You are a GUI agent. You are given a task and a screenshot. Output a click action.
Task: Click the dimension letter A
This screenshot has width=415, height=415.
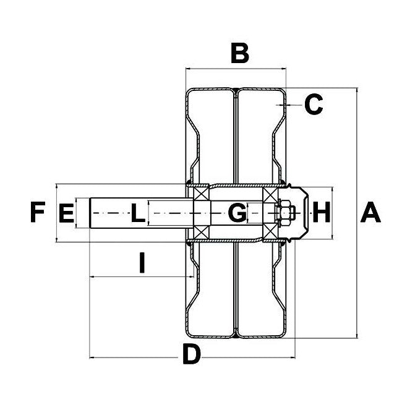click(x=370, y=213)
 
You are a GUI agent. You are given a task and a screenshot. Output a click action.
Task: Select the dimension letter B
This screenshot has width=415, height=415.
click(x=239, y=54)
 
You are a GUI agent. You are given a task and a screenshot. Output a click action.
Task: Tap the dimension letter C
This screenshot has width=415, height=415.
click(x=314, y=105)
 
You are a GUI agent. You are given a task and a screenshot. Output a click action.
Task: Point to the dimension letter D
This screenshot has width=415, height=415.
click(x=192, y=355)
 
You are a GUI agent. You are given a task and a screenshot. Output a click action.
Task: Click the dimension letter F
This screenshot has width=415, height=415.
click(x=38, y=213)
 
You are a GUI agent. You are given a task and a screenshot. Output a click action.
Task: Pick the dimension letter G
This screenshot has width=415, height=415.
click(x=237, y=214)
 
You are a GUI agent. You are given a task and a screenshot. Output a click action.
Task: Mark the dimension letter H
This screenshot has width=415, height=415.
click(x=321, y=214)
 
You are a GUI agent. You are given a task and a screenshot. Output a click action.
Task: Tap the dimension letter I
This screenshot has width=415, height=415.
click(x=142, y=264)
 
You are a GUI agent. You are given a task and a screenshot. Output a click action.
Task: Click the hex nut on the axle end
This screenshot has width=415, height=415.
click(x=286, y=213)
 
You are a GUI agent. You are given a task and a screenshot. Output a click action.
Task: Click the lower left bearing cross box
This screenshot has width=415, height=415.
click(x=201, y=233)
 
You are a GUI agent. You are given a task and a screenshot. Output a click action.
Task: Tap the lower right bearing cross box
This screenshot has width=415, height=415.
click(x=271, y=233)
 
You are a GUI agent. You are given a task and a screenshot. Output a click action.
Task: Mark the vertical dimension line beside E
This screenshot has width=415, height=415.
click(x=77, y=213)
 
